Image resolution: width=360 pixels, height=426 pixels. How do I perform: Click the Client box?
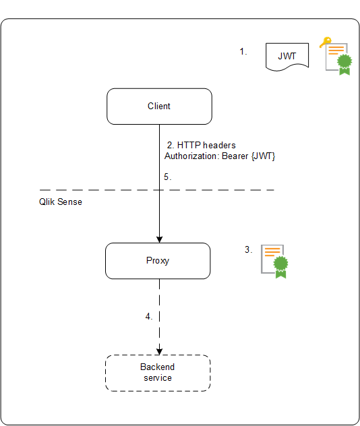tap(159, 106)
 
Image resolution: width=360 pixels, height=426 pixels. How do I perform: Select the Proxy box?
tap(158, 261)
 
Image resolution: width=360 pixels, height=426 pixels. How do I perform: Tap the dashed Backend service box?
tap(158, 373)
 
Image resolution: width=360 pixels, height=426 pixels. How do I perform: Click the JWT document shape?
tap(287, 56)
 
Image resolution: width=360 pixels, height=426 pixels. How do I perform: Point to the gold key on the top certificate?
tap(325, 42)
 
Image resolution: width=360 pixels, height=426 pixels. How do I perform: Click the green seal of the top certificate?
tap(344, 64)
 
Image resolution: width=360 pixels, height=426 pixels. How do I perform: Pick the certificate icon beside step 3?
tap(274, 261)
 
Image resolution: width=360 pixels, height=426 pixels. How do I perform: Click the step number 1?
tap(244, 51)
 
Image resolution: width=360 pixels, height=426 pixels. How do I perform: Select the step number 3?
tap(248, 249)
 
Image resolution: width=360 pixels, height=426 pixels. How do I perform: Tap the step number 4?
tap(149, 315)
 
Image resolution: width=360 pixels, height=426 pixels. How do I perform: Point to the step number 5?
tap(168, 177)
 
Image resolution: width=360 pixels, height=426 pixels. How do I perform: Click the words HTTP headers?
tap(206, 146)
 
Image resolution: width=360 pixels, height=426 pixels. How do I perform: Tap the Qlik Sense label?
tap(61, 202)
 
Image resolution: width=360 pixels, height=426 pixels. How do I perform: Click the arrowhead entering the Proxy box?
tap(160, 239)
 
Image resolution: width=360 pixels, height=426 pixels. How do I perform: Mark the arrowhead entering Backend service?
tap(160, 351)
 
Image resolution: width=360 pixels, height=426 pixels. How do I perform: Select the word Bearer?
tap(235, 156)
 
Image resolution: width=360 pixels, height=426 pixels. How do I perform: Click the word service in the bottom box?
tap(158, 378)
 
